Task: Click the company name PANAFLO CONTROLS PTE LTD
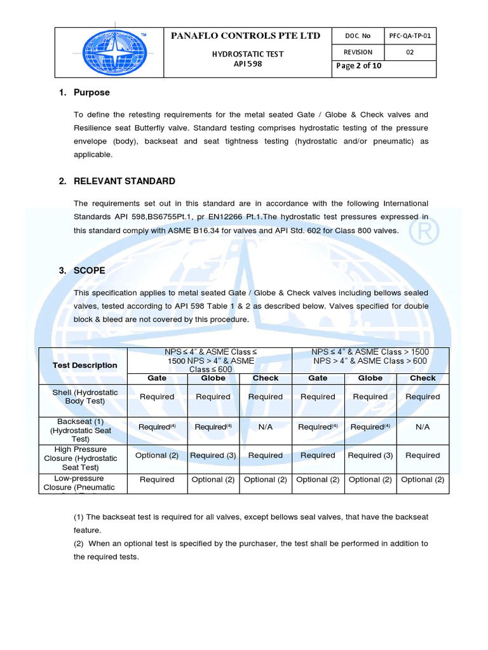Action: (x=246, y=36)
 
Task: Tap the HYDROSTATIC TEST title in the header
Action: (x=247, y=55)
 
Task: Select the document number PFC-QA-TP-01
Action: (x=410, y=36)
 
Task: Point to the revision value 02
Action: (x=410, y=52)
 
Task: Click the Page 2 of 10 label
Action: (x=360, y=66)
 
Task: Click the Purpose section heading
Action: (x=91, y=93)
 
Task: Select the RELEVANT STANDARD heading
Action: (x=125, y=182)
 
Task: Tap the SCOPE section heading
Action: (x=90, y=270)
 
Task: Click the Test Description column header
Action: (x=85, y=366)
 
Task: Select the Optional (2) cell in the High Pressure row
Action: (x=156, y=456)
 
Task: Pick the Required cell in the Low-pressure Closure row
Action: (x=156, y=480)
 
